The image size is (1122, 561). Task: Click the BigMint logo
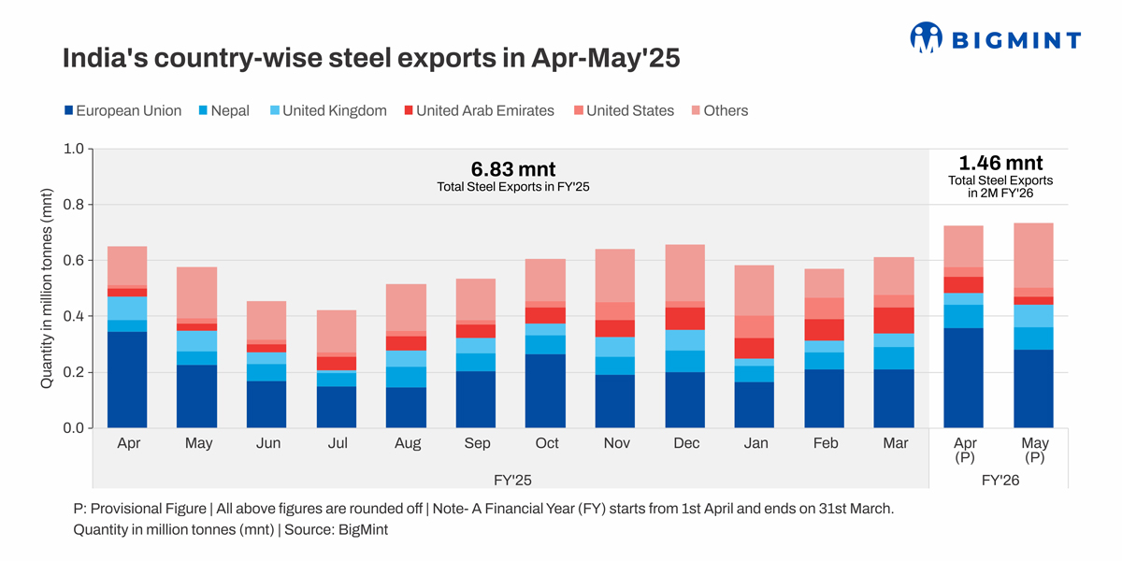coord(995,38)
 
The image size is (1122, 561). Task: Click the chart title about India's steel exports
coord(370,59)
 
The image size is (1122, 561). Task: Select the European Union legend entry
coord(122,110)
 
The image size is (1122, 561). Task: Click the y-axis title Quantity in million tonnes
coord(47,288)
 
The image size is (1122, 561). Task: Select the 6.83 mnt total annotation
coord(513,169)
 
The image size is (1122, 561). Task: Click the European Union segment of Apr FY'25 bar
coord(129,380)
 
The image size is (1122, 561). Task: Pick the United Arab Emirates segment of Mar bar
coord(894,321)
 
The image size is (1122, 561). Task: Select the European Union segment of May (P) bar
coord(1033,388)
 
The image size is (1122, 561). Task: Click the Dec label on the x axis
coord(686,443)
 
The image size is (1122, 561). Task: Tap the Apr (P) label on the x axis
coord(965,450)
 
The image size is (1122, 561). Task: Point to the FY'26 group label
coord(1000,480)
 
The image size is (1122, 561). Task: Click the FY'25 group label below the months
coord(513,480)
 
